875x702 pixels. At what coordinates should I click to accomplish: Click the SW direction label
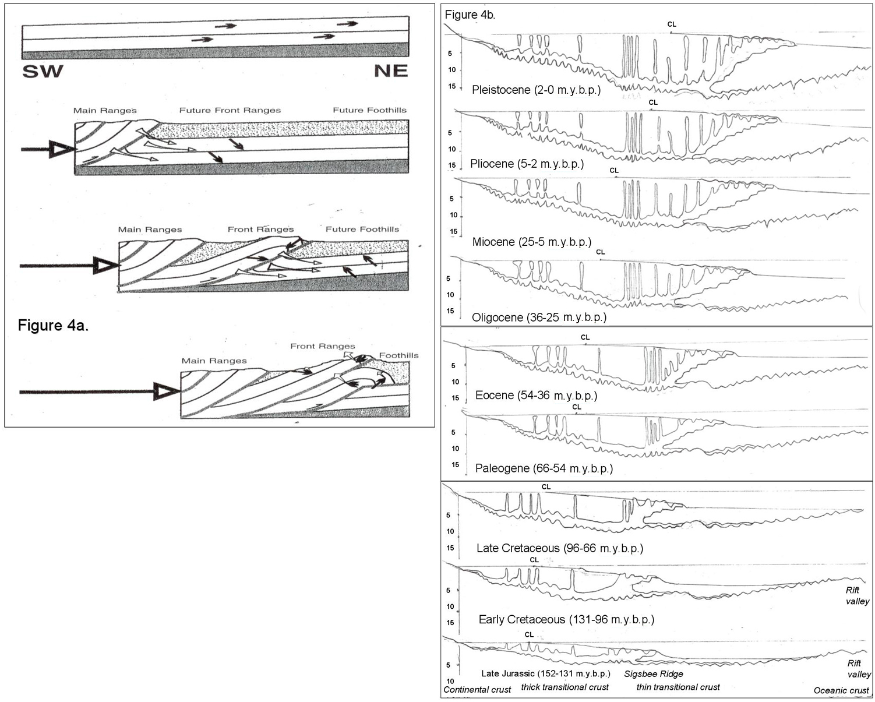43,72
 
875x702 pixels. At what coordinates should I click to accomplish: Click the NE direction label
390,71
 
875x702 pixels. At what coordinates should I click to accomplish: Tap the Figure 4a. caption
53,325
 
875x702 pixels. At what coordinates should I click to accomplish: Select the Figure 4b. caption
470,15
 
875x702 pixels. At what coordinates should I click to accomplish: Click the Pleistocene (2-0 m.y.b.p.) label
536,90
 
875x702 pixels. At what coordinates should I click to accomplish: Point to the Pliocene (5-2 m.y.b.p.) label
527,164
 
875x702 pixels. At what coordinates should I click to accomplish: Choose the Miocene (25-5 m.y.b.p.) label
531,242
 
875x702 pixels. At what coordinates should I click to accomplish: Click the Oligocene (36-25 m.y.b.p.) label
539,318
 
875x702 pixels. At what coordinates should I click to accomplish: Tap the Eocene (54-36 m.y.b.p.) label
536,396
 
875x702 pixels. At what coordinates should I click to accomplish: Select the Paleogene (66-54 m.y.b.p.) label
544,468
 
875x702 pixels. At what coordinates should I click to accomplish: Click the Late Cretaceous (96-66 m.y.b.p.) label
559,548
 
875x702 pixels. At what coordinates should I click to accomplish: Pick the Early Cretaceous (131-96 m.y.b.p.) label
566,619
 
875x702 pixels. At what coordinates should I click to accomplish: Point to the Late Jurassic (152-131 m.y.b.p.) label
546,673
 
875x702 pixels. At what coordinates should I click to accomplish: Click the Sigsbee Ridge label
654,674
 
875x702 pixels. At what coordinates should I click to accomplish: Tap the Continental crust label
477,690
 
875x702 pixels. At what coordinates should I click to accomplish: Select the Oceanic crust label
841,690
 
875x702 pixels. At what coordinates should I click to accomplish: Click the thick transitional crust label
564,687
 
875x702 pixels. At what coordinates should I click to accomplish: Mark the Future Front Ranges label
230,110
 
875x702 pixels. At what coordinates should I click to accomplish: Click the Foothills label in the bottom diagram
398,355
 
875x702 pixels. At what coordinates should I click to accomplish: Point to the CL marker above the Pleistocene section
672,24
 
